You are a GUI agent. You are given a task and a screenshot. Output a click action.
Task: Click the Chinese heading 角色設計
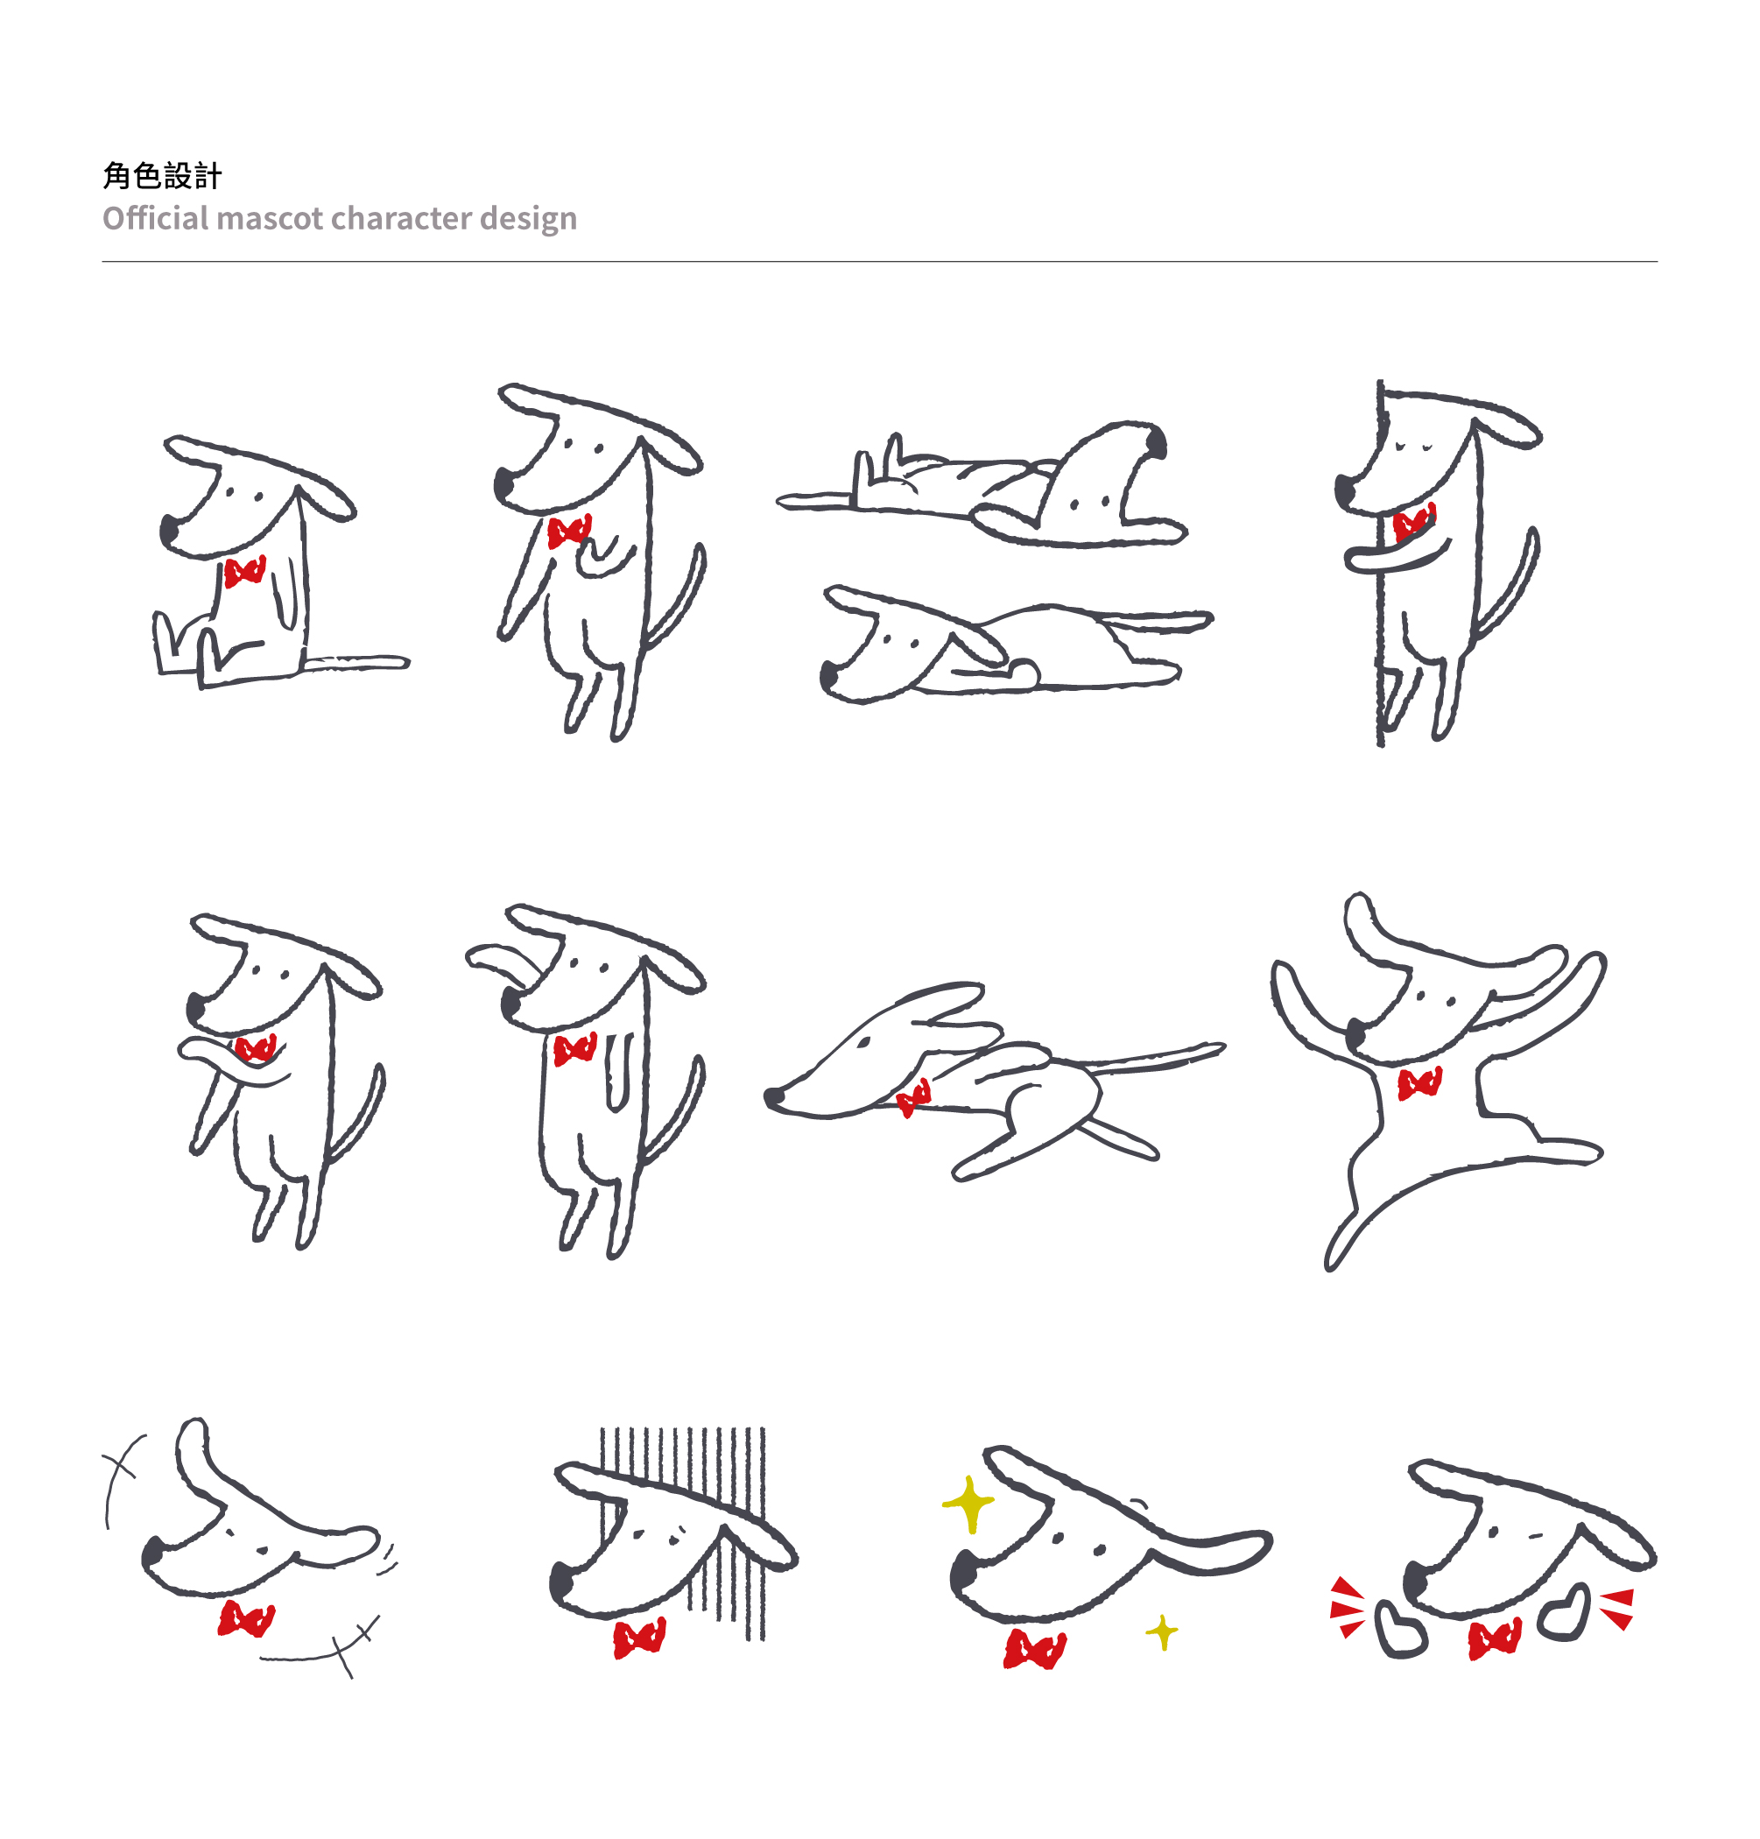[162, 175]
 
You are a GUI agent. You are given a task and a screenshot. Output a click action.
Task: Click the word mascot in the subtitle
[271, 219]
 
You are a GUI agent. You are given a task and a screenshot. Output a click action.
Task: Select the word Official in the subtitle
[156, 218]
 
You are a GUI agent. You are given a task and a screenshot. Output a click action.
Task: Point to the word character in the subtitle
[402, 219]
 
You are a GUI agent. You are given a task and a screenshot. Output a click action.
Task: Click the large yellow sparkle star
[968, 1505]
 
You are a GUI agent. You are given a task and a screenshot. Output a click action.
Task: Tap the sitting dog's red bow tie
[245, 571]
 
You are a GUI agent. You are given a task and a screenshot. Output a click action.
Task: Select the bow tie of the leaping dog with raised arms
[1419, 1084]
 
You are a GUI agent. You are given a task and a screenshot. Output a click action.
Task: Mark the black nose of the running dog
[774, 1096]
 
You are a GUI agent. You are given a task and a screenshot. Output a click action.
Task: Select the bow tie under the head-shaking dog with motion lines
[246, 1619]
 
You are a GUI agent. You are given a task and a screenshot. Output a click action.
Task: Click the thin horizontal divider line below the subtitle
[880, 262]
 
